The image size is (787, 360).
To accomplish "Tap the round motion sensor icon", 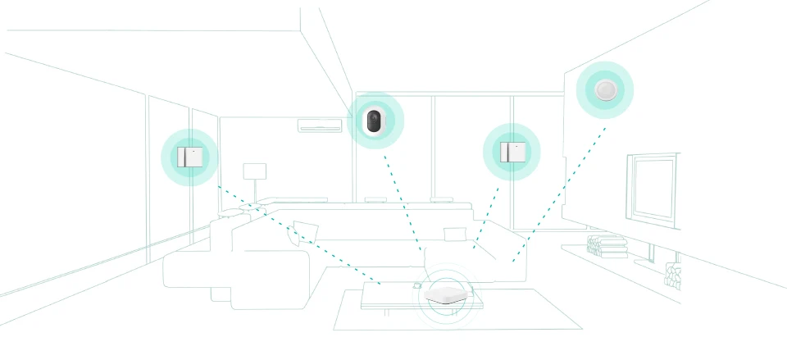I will click(x=604, y=89).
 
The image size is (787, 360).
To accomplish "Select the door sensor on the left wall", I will click(x=189, y=157).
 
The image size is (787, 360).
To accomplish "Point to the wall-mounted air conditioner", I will click(x=320, y=126).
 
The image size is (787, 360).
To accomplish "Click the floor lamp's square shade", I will click(x=255, y=172).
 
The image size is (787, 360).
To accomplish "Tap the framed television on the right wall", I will click(x=653, y=188).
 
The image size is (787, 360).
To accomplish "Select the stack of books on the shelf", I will click(x=607, y=245).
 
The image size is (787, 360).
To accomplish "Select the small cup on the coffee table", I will click(x=416, y=285).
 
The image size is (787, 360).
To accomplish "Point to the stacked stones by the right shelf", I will click(x=672, y=276).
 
